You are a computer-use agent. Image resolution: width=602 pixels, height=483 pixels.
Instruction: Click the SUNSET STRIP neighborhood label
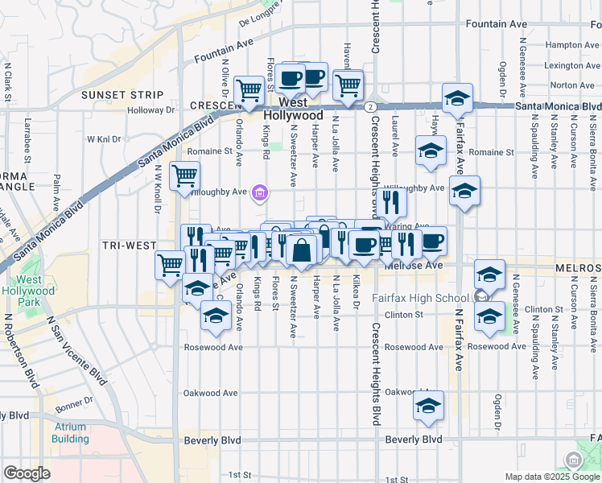click(x=114, y=95)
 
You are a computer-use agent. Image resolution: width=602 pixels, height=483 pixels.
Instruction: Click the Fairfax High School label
click(x=419, y=298)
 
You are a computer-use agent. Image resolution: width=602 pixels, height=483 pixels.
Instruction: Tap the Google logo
click(x=27, y=473)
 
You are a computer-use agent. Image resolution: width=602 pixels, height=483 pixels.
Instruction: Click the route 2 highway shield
click(x=369, y=106)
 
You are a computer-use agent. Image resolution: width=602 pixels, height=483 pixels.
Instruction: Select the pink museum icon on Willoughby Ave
click(x=260, y=192)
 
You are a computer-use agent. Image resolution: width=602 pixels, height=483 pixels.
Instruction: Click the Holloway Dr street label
click(x=150, y=110)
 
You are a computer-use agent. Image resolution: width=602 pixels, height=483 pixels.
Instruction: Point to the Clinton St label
click(x=403, y=315)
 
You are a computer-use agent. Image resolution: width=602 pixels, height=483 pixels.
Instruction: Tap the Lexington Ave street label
click(x=569, y=65)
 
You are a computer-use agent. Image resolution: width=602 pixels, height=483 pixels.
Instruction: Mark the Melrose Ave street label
click(x=414, y=265)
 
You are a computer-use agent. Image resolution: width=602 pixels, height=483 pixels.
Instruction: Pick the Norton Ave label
click(x=572, y=85)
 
